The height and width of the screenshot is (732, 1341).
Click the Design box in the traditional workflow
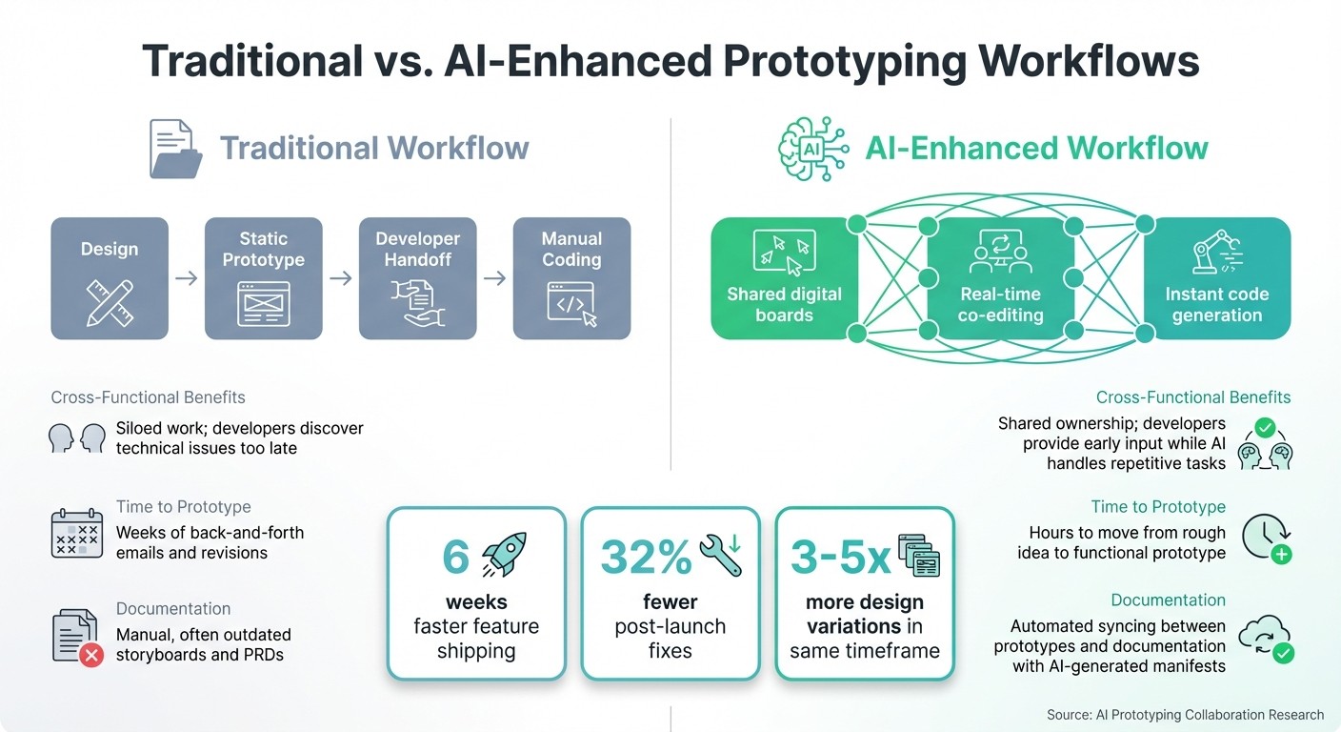pos(110,278)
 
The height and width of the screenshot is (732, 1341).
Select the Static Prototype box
pos(264,278)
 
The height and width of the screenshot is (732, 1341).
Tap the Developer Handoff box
pos(417,278)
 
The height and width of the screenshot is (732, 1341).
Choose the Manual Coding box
pos(571,278)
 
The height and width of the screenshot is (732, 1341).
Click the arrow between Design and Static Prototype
pos(187,278)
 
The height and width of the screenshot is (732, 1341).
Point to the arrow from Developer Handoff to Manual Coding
pos(494,278)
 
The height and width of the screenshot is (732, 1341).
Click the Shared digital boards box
pos(784,278)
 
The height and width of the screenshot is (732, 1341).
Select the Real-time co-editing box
pos(999,278)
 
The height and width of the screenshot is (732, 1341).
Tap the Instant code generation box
pos(1216,278)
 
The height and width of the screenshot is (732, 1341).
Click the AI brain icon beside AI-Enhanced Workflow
pos(812,149)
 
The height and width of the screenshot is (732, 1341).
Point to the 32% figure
pos(646,558)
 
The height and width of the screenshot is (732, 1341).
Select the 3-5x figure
pos(840,558)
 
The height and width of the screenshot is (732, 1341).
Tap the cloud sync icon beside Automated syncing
pos(1266,640)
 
